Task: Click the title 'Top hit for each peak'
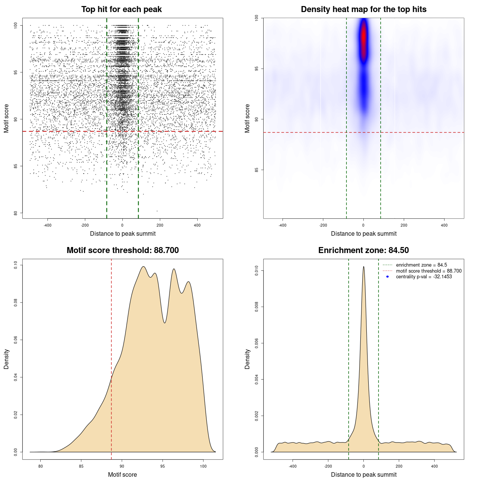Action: (121, 9)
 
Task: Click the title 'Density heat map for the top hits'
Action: (363, 9)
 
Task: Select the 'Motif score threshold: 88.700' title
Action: (122, 250)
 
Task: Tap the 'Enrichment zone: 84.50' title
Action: (363, 250)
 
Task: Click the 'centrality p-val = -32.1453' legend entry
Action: (424, 277)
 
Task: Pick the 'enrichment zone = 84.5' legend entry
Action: (421, 265)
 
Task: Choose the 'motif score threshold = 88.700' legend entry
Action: (429, 271)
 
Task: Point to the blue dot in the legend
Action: (387, 277)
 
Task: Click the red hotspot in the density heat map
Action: (363, 38)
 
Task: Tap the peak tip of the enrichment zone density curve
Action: (363, 267)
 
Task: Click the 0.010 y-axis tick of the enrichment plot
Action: (257, 271)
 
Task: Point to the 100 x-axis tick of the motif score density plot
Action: (203, 466)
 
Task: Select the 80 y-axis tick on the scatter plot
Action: (16, 213)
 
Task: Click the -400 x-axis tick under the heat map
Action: (282, 225)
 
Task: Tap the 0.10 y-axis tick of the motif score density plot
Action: (16, 265)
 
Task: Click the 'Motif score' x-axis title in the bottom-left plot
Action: (122, 474)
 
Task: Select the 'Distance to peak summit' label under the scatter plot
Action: (123, 233)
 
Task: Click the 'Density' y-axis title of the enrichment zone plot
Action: (247, 359)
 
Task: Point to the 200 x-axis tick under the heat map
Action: (404, 225)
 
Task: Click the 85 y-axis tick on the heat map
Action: (257, 170)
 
